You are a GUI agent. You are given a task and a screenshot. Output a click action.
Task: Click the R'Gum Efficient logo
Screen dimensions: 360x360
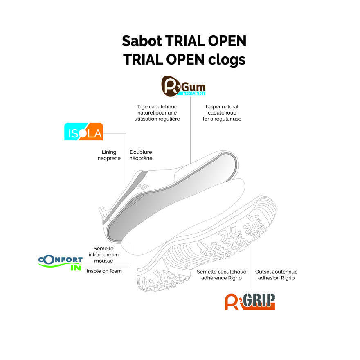click(x=183, y=86)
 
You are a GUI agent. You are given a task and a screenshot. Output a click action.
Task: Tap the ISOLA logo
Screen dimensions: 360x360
click(x=83, y=132)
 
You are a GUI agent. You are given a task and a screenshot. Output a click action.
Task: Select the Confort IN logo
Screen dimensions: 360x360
click(x=60, y=263)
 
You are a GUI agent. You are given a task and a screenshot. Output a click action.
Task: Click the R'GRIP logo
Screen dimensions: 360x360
click(x=250, y=301)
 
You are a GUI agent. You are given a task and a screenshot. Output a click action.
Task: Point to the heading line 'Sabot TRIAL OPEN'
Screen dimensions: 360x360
click(x=184, y=41)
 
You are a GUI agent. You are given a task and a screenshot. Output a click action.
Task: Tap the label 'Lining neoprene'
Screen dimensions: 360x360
click(x=109, y=155)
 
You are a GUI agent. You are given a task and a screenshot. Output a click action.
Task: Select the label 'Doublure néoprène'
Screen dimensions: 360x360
click(x=141, y=155)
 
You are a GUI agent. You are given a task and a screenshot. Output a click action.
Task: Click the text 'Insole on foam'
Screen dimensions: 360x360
click(x=104, y=271)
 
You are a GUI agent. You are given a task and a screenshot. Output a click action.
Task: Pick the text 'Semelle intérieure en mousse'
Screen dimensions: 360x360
click(x=103, y=254)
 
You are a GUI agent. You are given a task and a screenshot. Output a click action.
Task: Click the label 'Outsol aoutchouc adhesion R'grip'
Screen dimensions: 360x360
click(x=276, y=275)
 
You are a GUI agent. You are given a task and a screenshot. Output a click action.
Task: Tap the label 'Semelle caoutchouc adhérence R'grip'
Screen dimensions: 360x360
click(x=221, y=275)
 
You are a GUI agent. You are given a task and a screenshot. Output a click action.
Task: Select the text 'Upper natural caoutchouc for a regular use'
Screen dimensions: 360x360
click(x=222, y=112)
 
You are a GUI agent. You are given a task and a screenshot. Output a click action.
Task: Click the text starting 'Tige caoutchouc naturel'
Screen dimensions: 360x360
click(x=157, y=112)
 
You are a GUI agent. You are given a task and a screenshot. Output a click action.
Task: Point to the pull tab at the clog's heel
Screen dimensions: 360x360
click(x=102, y=211)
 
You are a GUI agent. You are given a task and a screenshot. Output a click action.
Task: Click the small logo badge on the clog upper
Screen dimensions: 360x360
click(x=141, y=187)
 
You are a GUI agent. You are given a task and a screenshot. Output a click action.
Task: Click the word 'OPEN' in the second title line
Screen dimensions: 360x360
click(x=185, y=60)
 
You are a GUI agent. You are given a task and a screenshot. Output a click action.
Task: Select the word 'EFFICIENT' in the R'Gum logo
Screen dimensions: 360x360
click(x=192, y=93)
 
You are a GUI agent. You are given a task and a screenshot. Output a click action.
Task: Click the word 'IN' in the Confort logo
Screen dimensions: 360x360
click(x=76, y=268)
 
